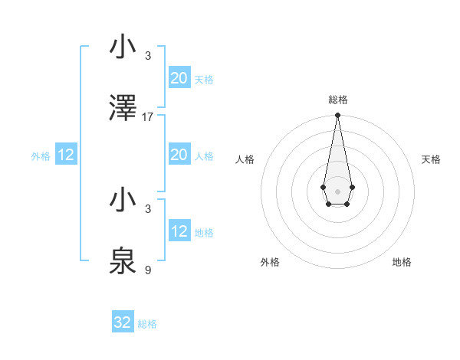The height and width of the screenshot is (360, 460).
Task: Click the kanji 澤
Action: tap(123, 109)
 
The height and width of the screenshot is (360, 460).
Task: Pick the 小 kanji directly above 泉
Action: tap(123, 201)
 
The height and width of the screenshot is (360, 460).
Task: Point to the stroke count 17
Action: tap(148, 117)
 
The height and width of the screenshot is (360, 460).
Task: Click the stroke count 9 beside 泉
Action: tap(148, 270)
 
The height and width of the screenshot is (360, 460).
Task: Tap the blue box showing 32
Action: tap(123, 322)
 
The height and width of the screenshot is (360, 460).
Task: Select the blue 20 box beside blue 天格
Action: tap(179, 78)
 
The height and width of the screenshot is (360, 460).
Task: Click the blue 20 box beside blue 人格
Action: tap(179, 155)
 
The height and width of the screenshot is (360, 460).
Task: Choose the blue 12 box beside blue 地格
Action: tap(179, 231)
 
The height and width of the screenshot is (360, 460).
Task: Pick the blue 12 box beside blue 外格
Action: tap(66, 155)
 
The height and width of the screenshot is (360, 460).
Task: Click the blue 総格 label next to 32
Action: tap(147, 324)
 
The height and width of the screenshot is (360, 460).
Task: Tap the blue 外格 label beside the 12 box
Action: tap(41, 156)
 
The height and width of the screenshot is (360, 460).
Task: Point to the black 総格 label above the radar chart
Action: tap(338, 100)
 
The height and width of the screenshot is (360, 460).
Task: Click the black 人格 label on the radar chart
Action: tap(245, 159)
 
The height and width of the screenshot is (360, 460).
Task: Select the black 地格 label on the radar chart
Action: tap(402, 262)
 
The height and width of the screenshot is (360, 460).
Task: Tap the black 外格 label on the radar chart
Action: tap(270, 262)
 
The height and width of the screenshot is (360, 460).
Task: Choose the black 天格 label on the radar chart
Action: tap(432, 159)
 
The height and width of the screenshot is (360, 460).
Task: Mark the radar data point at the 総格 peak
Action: tap(337, 116)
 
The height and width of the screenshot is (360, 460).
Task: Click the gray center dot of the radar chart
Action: tap(337, 190)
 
